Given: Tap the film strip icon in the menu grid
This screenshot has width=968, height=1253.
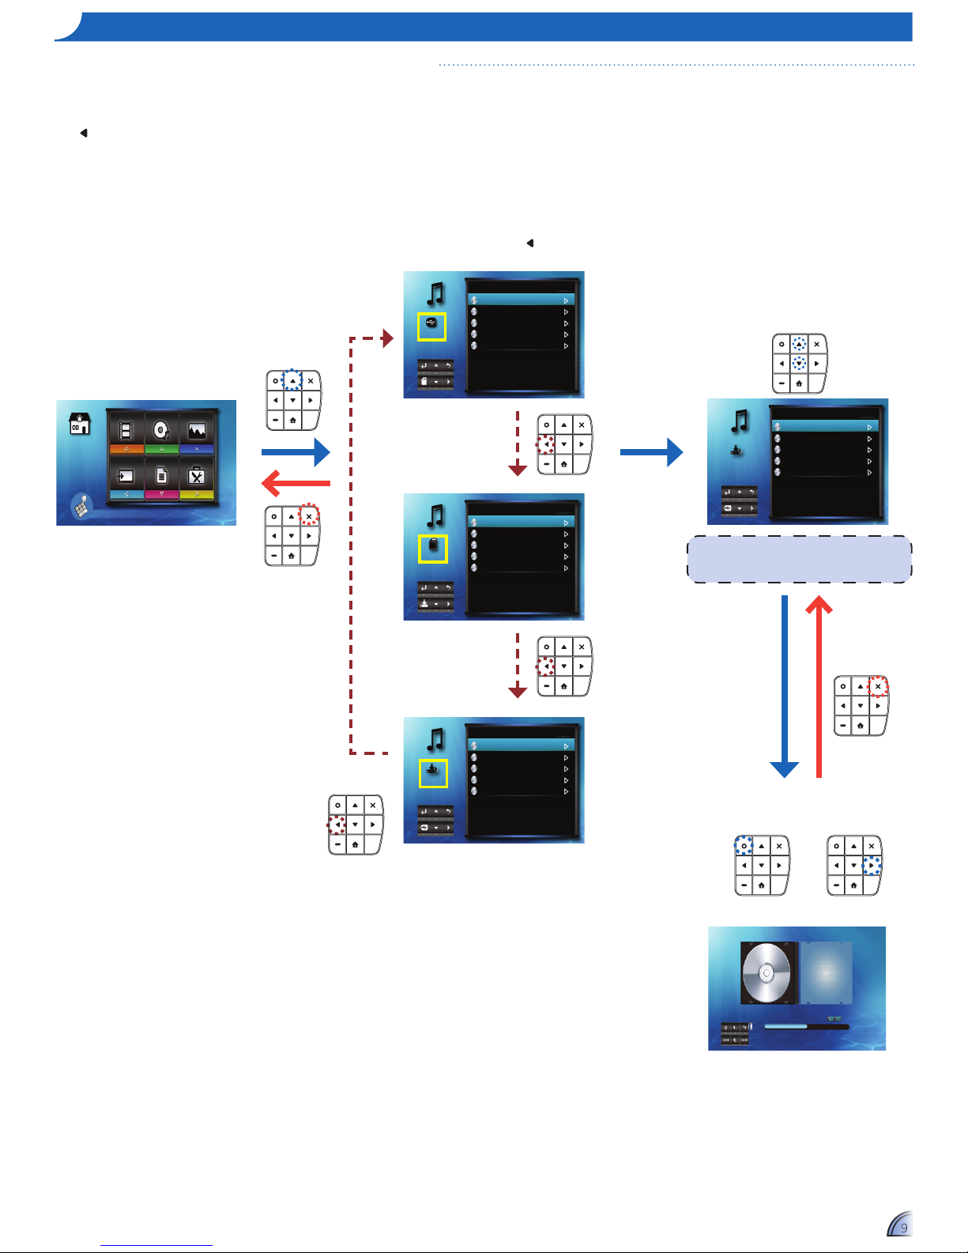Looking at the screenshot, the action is click(x=126, y=430).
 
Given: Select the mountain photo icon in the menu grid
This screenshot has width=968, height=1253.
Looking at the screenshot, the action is click(x=197, y=430).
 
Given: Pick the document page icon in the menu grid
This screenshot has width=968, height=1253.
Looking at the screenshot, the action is click(x=161, y=475).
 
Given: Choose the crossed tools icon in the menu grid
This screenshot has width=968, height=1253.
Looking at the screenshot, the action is click(x=197, y=475).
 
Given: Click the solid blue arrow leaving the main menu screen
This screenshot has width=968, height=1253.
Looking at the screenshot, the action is click(x=296, y=452).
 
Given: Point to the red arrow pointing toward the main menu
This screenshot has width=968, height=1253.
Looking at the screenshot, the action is click(x=296, y=483).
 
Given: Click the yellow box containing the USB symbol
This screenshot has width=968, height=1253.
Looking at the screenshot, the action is click(x=431, y=327).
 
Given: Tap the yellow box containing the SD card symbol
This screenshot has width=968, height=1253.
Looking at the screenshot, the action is click(x=433, y=549).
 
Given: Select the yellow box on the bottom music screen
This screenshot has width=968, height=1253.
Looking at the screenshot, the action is click(x=433, y=773).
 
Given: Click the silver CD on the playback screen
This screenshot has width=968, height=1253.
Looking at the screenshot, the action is click(x=766, y=973).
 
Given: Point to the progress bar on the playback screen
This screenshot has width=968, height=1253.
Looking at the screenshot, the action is click(x=807, y=1027).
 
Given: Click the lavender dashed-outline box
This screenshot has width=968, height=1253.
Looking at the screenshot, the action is click(x=800, y=560).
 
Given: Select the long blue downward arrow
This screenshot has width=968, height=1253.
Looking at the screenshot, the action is click(x=784, y=686).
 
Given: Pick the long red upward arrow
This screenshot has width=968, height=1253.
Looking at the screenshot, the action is click(x=819, y=686).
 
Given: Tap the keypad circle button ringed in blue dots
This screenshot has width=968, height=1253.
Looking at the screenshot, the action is click(x=744, y=846).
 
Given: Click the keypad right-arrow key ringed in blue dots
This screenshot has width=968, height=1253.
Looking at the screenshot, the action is click(x=871, y=866).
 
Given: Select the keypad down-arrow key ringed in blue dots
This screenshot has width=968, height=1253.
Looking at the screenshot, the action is click(x=799, y=364).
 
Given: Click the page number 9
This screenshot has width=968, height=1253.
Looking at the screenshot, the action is click(x=904, y=1228).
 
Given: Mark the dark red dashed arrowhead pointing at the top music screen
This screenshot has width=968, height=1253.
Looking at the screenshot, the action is click(x=388, y=338).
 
